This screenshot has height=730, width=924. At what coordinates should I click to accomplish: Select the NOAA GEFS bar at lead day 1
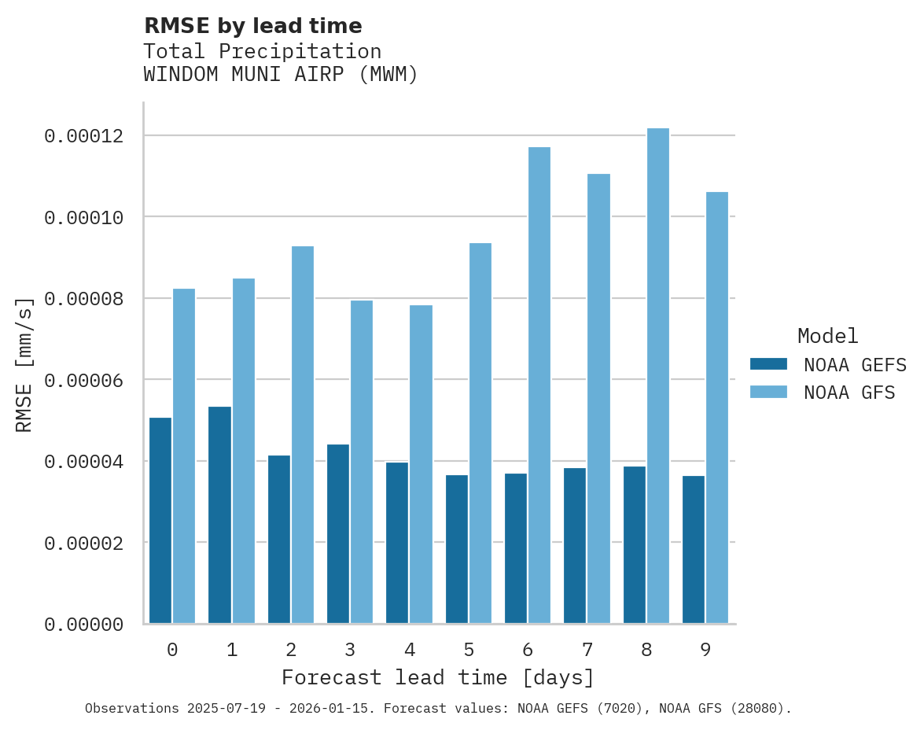pyautogui.click(x=219, y=515)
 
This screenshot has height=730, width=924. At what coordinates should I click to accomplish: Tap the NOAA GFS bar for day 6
pyautogui.click(x=539, y=385)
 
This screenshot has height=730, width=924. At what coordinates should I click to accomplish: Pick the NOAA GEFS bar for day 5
pyautogui.click(x=457, y=549)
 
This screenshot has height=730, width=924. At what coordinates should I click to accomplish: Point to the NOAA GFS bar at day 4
pyautogui.click(x=421, y=464)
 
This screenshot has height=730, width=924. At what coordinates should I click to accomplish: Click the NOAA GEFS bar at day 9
pyautogui.click(x=694, y=550)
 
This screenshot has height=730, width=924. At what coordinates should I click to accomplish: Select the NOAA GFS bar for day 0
pyautogui.click(x=184, y=456)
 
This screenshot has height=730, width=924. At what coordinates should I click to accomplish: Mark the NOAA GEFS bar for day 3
pyautogui.click(x=338, y=534)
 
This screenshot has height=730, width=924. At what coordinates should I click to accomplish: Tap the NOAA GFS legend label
pyautogui.click(x=849, y=392)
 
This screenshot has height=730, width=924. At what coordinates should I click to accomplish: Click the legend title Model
pyautogui.click(x=827, y=336)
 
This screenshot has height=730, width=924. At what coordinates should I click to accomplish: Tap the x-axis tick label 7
pyautogui.click(x=587, y=650)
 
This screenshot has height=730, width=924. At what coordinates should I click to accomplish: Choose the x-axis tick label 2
pyautogui.click(x=291, y=650)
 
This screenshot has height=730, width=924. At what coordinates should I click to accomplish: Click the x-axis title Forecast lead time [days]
pyautogui.click(x=438, y=677)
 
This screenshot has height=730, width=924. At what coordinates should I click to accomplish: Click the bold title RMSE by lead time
pyautogui.click(x=252, y=26)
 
